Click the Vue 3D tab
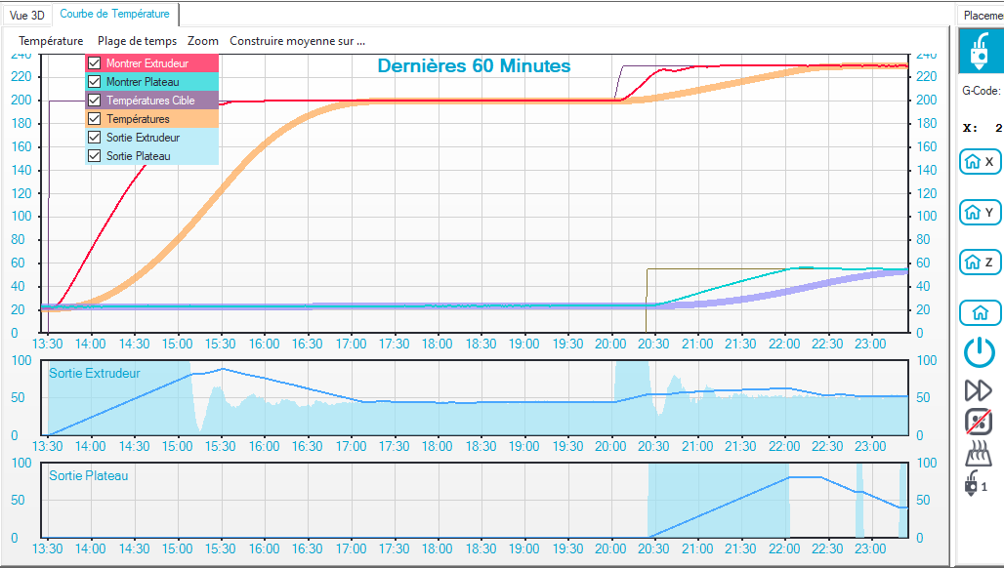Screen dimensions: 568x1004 [x=26, y=15]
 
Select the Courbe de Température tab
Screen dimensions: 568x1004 [x=115, y=14]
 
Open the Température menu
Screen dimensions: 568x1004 [x=51, y=41]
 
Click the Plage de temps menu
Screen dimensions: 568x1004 [x=137, y=41]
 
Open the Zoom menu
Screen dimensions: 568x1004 [x=203, y=41]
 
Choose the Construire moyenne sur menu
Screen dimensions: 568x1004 [x=297, y=41]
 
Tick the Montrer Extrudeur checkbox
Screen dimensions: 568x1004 [x=95, y=63]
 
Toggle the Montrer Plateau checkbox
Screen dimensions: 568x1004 [x=95, y=82]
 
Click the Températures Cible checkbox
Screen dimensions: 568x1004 [x=95, y=101]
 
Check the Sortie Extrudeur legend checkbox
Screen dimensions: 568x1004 [x=95, y=138]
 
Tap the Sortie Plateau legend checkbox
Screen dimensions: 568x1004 [x=95, y=156]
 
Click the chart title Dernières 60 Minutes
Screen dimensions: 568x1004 [x=474, y=66]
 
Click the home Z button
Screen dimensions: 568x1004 [x=981, y=263]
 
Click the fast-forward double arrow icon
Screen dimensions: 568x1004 [x=979, y=390]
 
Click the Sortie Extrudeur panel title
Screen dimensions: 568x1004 [x=94, y=373]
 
